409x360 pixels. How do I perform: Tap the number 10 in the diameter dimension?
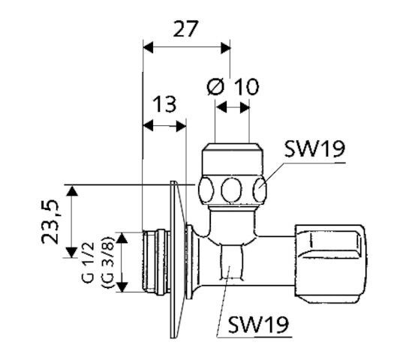pyautogui.click(x=245, y=86)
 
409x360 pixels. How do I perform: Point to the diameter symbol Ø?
pyautogui.click(x=215, y=86)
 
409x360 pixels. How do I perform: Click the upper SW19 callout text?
pyautogui.click(x=315, y=148)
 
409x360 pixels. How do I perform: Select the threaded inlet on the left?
pyautogui.click(x=155, y=262)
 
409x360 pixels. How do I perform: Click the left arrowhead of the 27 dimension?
pyautogui.click(x=147, y=47)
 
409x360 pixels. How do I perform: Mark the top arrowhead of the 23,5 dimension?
pyautogui.click(x=72, y=190)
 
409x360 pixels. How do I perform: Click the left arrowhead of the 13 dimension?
pyautogui.click(x=147, y=125)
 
